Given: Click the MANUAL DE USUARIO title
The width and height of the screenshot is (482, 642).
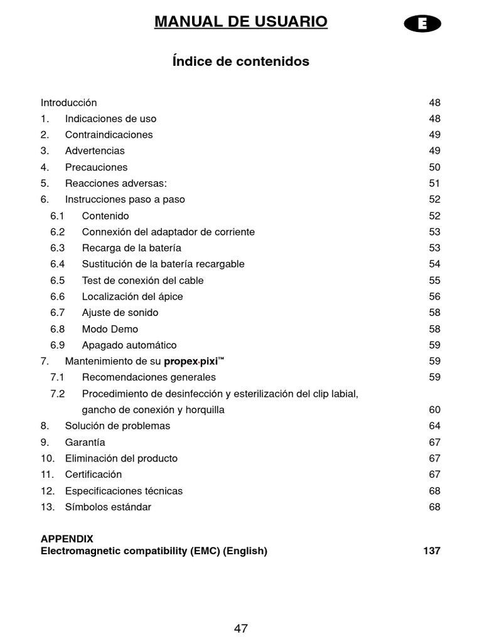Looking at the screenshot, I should click(x=240, y=22).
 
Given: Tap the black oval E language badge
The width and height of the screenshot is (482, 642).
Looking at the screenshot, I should click(x=422, y=24).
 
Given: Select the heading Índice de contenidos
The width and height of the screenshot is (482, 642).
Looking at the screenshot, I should click(x=240, y=61).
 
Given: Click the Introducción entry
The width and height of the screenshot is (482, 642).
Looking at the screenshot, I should click(x=69, y=103).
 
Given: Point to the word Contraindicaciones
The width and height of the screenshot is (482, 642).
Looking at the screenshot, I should click(x=109, y=135).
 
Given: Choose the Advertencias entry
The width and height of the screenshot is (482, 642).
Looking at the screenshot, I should click(x=95, y=151).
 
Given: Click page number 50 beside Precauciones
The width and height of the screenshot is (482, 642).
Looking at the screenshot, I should click(x=434, y=167).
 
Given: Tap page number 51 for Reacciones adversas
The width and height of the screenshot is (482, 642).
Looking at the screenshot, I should click(x=434, y=184).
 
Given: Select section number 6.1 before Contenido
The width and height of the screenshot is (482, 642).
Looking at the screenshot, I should click(x=57, y=216).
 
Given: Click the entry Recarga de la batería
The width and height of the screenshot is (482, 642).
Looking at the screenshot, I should click(x=131, y=248).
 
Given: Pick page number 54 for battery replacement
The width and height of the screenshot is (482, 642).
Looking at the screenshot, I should click(x=434, y=265).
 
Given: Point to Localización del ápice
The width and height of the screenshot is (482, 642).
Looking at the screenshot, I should click(x=132, y=297).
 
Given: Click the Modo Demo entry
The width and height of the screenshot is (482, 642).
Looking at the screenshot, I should click(x=110, y=329).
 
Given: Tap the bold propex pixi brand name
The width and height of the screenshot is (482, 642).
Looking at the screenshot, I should click(x=194, y=362).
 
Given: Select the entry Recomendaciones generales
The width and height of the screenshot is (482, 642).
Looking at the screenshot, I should click(x=149, y=377).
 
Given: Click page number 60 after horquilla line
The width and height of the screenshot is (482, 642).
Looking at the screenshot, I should click(x=434, y=410).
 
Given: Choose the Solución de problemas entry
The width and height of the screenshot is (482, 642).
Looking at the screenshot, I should click(x=117, y=426).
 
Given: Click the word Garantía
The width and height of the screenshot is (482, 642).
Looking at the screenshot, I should click(x=85, y=443).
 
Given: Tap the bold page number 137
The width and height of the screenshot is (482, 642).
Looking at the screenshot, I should click(x=431, y=551).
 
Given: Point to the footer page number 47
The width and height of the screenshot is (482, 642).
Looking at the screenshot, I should click(x=240, y=628).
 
